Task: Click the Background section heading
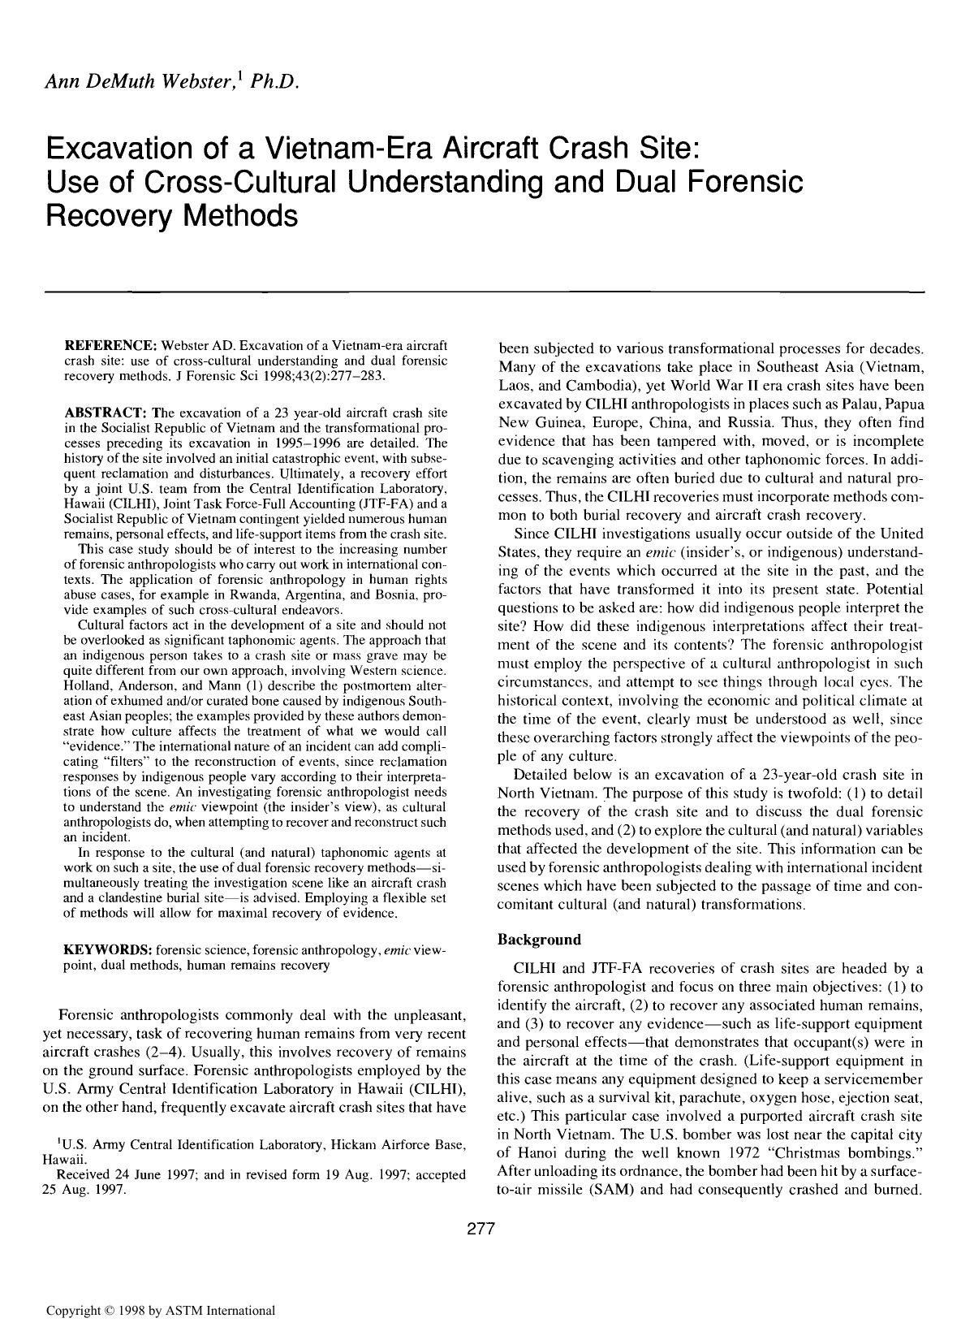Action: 538,940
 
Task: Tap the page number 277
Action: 481,1229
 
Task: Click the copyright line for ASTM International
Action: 160,1310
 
